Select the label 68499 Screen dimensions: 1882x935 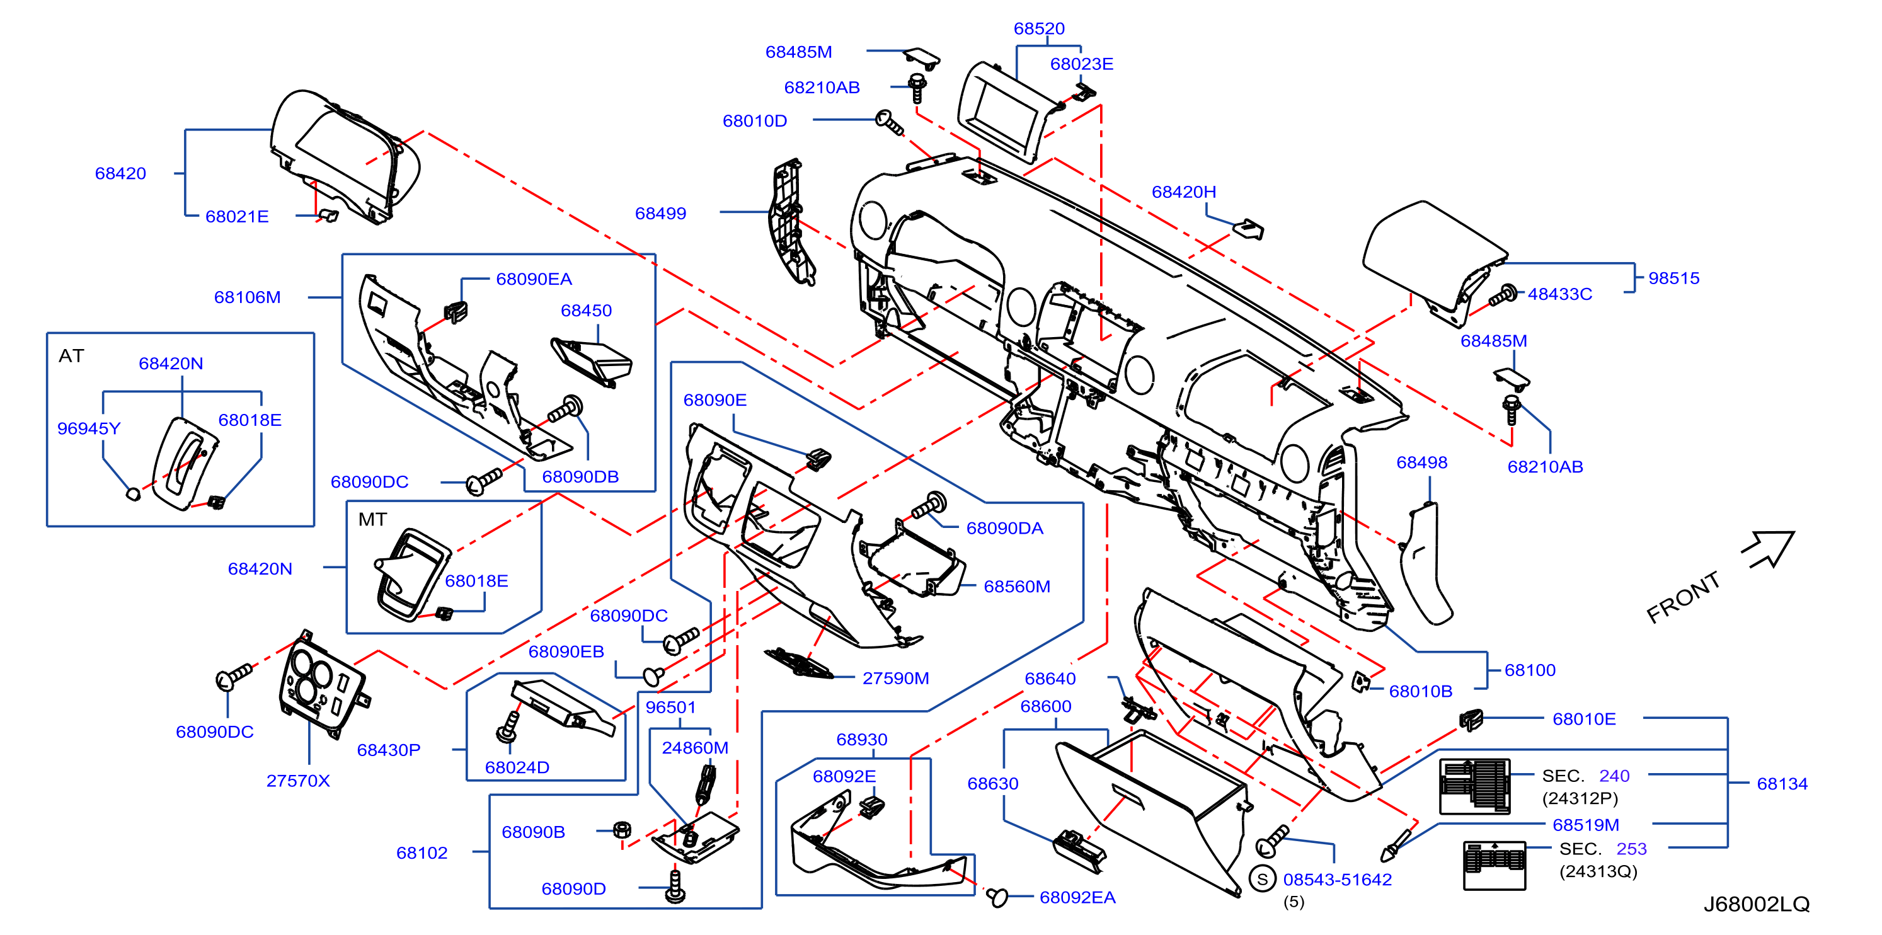pos(660,214)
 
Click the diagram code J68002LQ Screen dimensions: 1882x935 pos(1757,904)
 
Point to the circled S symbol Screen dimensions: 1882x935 pos(1263,879)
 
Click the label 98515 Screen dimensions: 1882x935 pos(1674,278)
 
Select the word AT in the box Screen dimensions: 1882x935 pos(72,356)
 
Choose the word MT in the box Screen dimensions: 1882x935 pos(372,519)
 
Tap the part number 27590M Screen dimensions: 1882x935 pos(896,678)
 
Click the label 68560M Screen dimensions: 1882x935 pos(1017,587)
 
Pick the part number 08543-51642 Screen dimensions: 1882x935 pos(1337,880)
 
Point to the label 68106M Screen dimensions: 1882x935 pos(247,297)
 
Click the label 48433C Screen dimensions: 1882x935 pos(1560,294)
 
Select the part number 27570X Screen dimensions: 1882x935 pos(298,781)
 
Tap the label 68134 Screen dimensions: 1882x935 pos(1782,784)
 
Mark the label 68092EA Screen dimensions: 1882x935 pos(1077,898)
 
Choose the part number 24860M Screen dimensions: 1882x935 pos(695,748)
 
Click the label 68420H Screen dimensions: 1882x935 pos(1183,192)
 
